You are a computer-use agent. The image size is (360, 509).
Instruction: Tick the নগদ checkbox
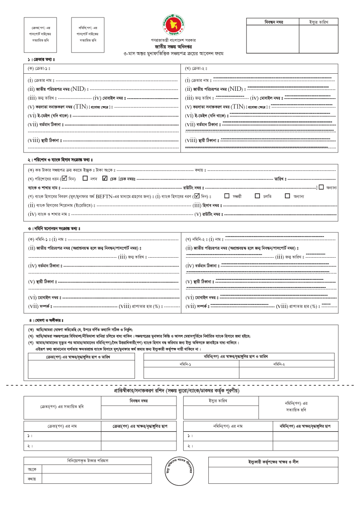pos(85,179)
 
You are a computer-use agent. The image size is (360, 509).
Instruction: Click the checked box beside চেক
pos(105,179)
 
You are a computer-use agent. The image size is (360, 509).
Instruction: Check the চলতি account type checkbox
pos(257,196)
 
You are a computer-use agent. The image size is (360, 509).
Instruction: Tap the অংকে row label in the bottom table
pos(32,469)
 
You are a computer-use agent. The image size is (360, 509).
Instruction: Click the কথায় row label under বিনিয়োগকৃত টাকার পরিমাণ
pos(32,479)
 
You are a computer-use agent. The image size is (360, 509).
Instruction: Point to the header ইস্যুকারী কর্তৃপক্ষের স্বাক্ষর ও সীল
pos(273,461)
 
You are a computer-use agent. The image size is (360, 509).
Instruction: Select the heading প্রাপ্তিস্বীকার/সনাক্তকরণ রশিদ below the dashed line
pos(177,390)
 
